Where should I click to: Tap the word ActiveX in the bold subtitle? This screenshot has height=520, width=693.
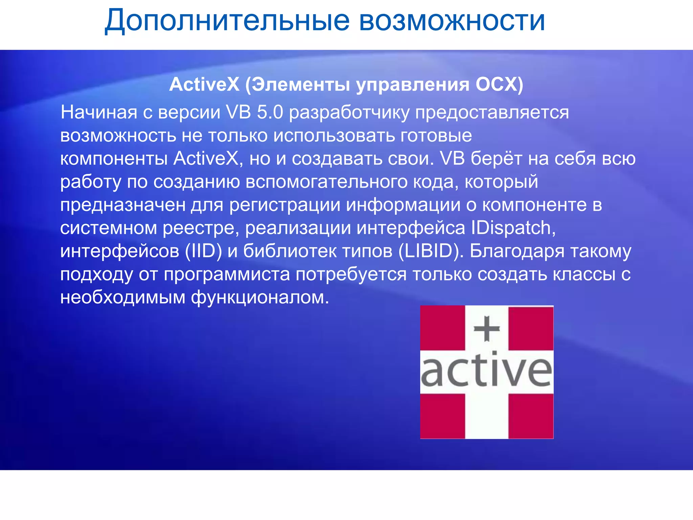click(204, 84)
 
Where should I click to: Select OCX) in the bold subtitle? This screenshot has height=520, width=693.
click(499, 84)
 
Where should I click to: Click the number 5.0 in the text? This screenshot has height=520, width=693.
click(270, 112)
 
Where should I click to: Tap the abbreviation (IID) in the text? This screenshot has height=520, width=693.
click(203, 251)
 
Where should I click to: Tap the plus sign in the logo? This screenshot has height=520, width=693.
click(486, 329)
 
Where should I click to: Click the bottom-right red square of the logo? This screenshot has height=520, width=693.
click(531, 416)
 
